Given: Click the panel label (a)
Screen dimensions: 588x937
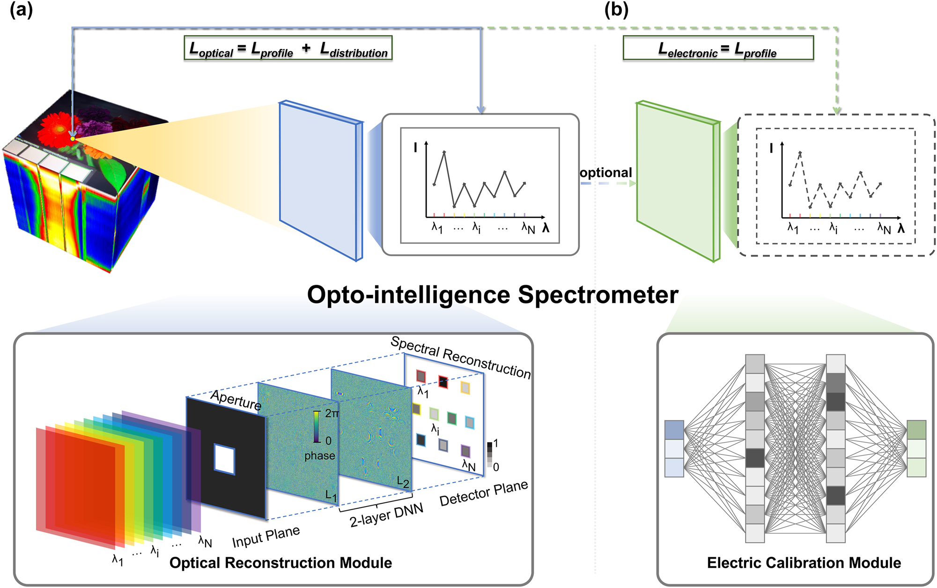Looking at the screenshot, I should coord(21,10).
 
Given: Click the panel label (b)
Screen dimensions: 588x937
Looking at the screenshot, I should coord(616,10).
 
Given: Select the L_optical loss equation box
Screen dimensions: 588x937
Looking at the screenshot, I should coord(288,48).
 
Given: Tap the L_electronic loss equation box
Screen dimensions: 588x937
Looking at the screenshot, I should coord(718,48).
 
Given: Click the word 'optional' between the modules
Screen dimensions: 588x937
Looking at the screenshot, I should coord(605,173).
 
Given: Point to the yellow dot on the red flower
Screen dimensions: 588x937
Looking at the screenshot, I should coord(73,139).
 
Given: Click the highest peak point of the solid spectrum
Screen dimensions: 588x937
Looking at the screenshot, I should coord(444,152).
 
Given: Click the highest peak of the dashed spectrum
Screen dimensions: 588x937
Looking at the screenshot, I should coord(800,153).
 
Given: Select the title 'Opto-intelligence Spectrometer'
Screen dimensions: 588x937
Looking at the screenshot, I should coord(492,295).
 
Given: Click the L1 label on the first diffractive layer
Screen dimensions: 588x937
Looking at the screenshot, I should coord(331,495).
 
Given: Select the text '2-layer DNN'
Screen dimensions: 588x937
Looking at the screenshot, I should coord(386,515).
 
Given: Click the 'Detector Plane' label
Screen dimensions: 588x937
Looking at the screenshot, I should coord(483,493).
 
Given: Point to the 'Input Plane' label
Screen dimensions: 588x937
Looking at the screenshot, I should coord(266,537).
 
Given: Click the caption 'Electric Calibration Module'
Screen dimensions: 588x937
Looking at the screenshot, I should coord(804,563).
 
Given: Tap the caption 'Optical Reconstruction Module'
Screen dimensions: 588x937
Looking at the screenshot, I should coord(280,563).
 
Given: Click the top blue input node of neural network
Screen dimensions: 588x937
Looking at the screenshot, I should coord(674,430).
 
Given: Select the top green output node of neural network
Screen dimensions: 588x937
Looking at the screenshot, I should coord(916,430).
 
